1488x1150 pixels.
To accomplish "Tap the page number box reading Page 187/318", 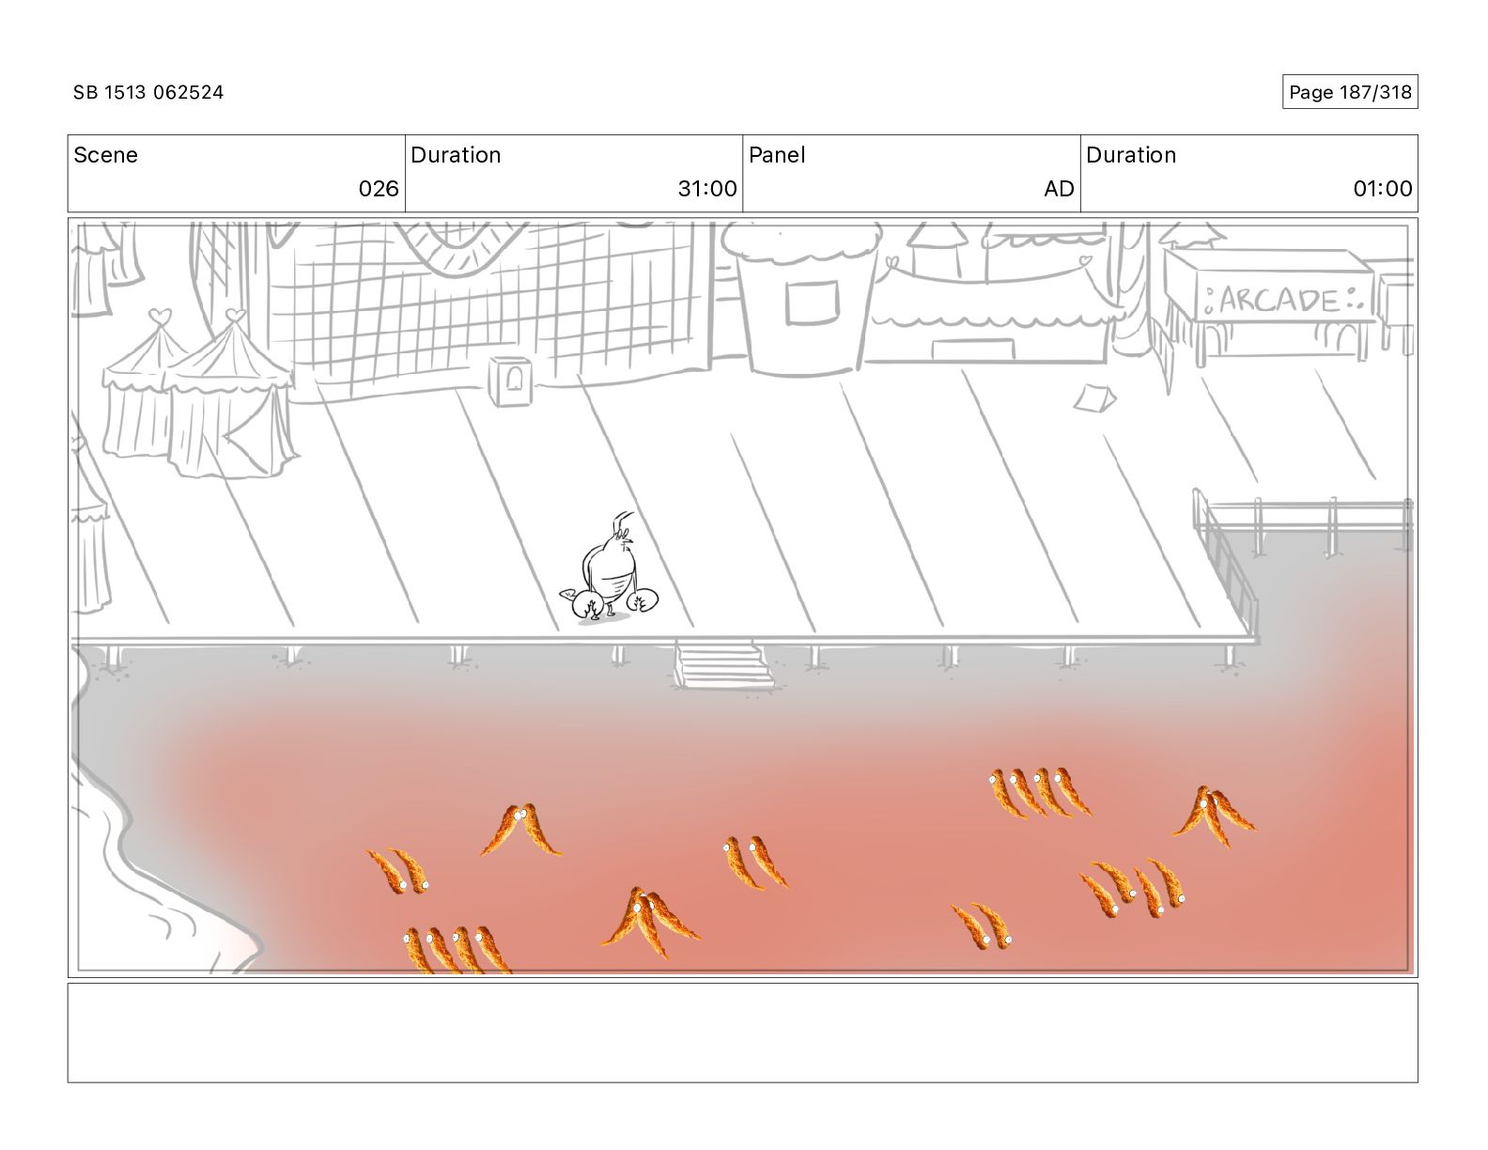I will coord(1349,92).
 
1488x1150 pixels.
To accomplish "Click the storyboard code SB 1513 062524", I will coord(148,92).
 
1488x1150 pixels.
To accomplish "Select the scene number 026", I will coord(379,189).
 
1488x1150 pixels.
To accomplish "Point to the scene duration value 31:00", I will coord(707,189).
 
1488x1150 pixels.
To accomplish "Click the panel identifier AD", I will coord(1059,189).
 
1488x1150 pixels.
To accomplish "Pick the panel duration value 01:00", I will coord(1382,189).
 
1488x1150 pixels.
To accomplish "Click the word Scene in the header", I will coord(105,155).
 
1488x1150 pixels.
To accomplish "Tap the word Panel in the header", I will coord(777,155).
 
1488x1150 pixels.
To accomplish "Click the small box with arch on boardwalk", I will coord(509,381).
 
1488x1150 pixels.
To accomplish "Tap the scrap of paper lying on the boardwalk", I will coord(1094,398).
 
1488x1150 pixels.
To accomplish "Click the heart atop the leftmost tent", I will coord(161,316).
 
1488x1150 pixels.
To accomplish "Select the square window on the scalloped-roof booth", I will coord(812,302).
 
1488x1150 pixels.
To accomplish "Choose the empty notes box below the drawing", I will coord(742,1033).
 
